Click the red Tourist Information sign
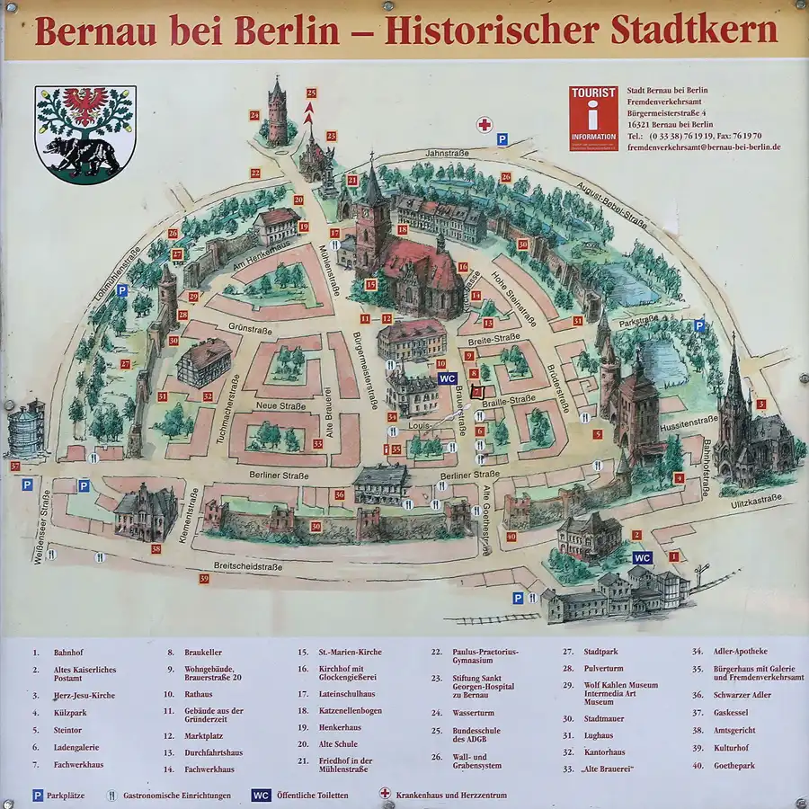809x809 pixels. tap(593, 118)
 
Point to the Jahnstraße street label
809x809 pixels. tap(448, 154)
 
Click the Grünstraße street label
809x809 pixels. tap(250, 327)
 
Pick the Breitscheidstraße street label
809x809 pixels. tap(247, 566)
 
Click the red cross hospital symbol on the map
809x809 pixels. tap(485, 124)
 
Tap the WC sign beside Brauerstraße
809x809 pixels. tap(447, 379)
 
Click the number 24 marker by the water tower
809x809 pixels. tap(254, 115)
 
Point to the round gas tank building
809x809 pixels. tap(26, 429)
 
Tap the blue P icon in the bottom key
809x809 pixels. tap(38, 796)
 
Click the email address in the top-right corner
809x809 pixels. tap(703, 147)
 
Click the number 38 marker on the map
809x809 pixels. tap(156, 549)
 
